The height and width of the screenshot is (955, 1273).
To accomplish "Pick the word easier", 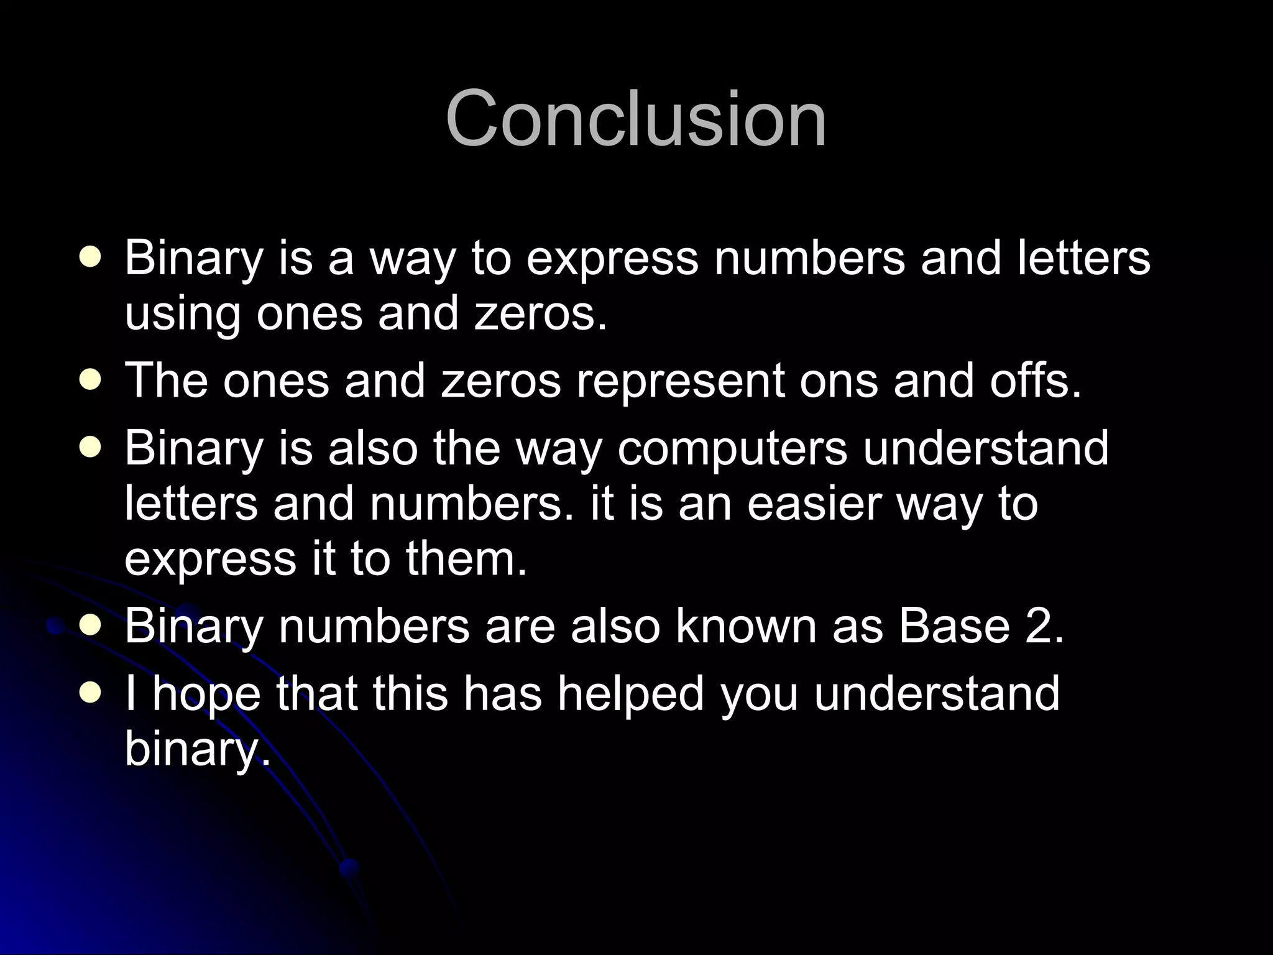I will [814, 503].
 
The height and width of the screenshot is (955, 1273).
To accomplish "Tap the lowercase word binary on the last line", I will [198, 749].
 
